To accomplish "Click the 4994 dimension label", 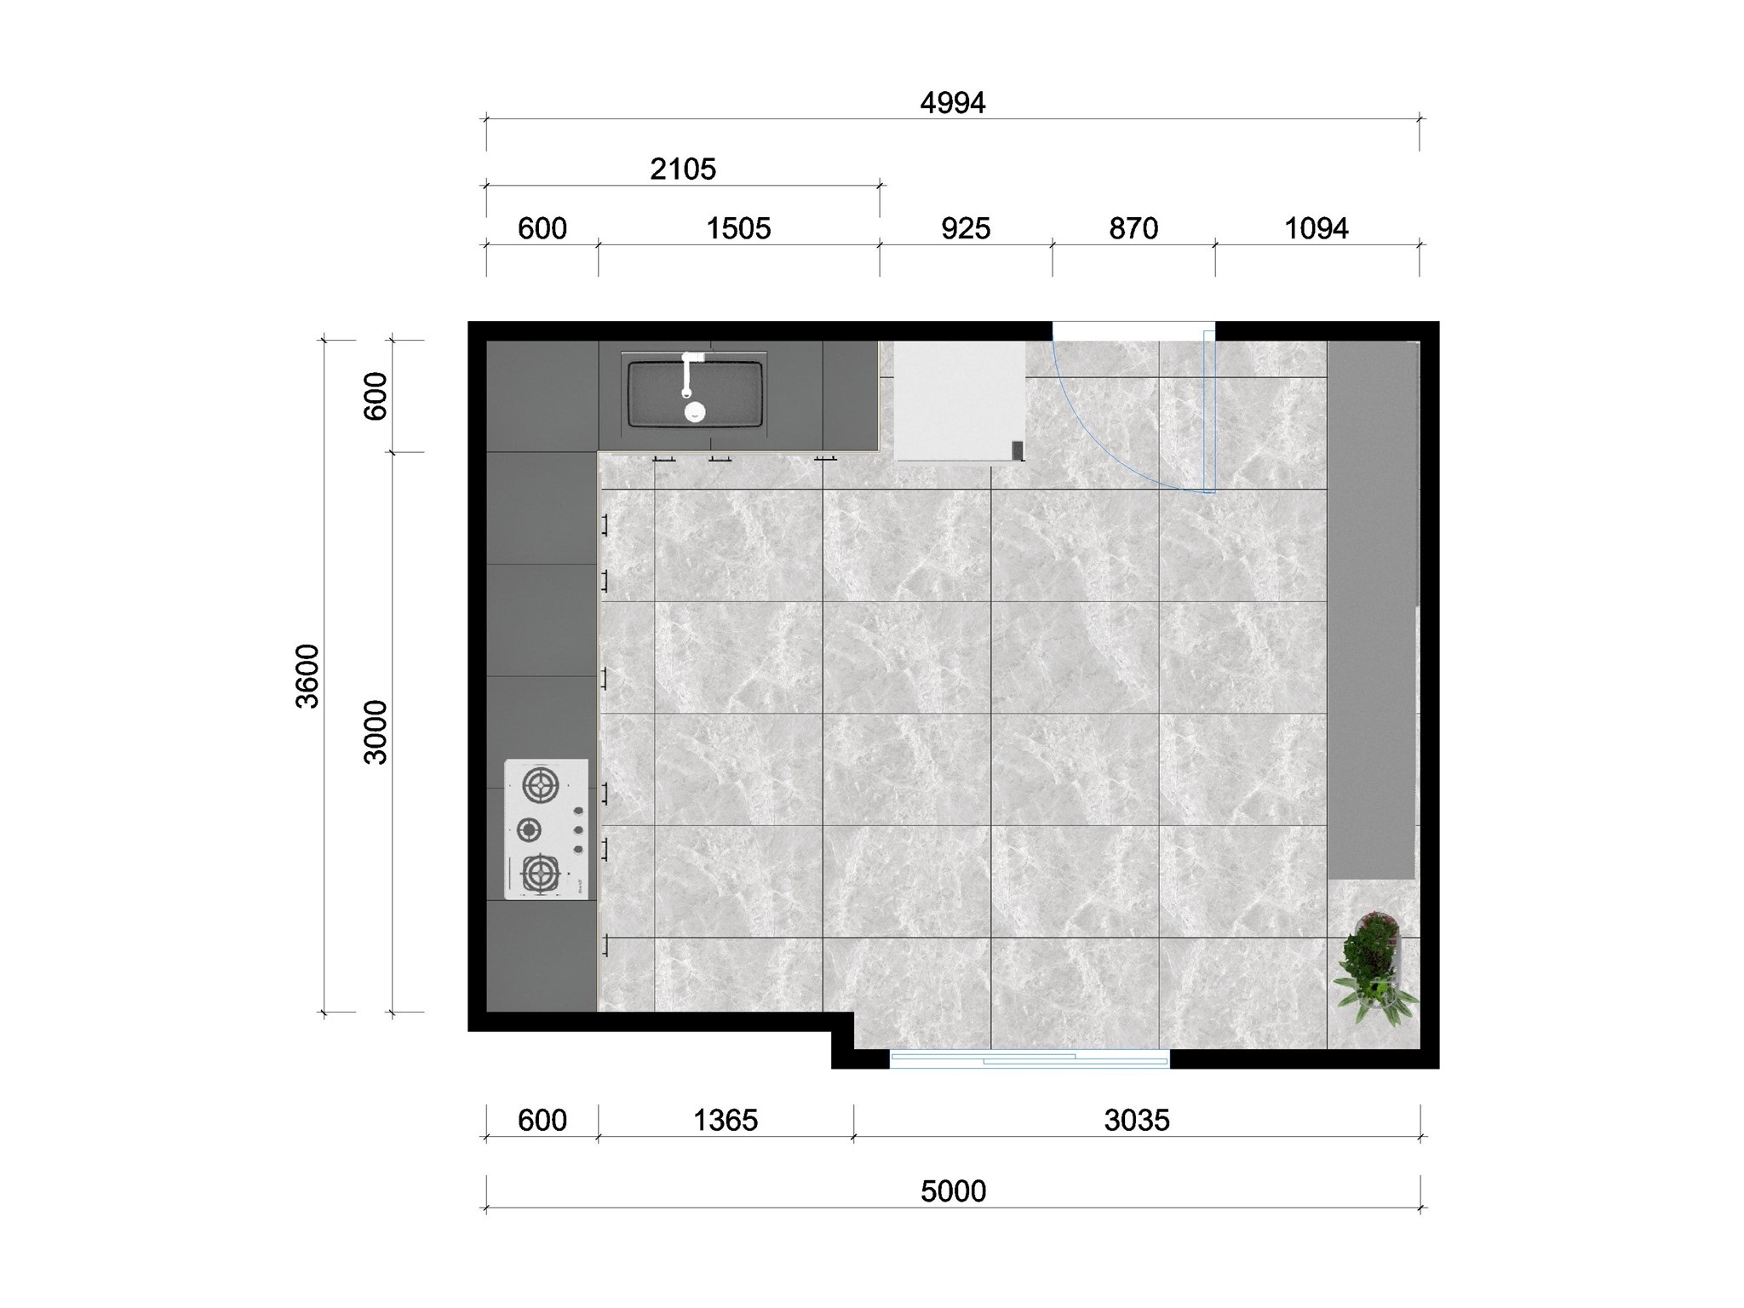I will pos(952,103).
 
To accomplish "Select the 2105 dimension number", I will pos(682,169).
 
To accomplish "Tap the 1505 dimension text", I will pos(738,229).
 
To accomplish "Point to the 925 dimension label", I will pos(966,229).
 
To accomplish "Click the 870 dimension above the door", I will pos(1133,229).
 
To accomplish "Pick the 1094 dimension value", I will pos(1316,229).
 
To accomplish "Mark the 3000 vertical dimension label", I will pos(376,731).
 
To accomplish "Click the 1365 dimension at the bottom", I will pos(725,1121).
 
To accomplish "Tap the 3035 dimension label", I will pos(1136,1121).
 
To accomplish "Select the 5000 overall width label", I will pos(953,1191).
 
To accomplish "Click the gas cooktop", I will pos(546,829).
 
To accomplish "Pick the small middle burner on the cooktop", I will pos(530,829).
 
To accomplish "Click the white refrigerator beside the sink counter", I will pos(959,400).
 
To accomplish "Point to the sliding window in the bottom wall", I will pos(1030,1059).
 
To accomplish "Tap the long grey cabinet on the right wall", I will pos(1371,610).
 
